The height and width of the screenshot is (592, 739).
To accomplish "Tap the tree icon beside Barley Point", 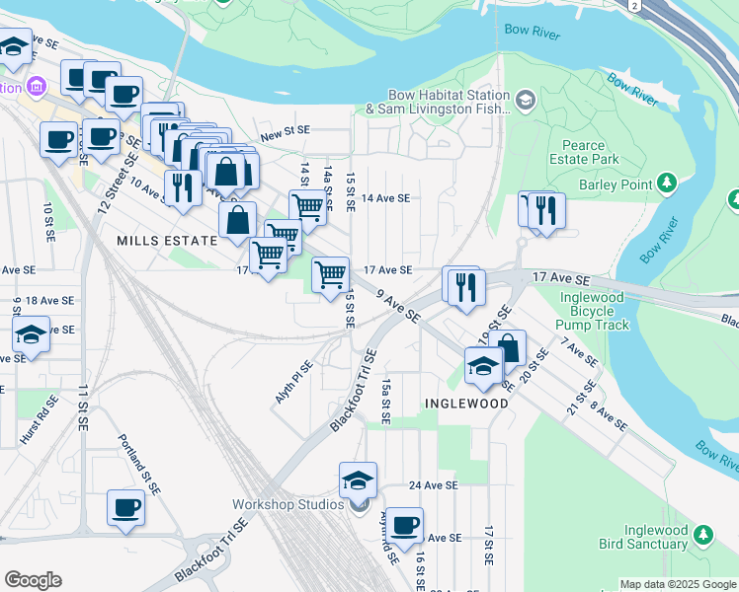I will (x=668, y=185).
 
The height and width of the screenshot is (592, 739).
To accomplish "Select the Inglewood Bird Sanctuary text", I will (x=643, y=537).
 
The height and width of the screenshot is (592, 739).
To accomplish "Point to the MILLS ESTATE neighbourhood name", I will (x=166, y=241).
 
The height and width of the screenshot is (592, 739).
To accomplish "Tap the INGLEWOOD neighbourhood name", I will (x=467, y=404).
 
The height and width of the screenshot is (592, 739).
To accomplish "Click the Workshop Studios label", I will (x=287, y=504).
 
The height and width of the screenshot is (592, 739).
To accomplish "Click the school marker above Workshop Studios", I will (x=358, y=480).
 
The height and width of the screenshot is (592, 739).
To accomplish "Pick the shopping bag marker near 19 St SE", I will (x=508, y=348).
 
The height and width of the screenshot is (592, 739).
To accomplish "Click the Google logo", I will (x=33, y=580).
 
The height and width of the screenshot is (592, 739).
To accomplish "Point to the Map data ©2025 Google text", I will (x=677, y=584).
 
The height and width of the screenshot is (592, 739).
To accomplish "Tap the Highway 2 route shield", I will (x=633, y=5).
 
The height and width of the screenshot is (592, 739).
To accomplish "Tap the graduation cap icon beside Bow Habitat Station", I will (x=525, y=99).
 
